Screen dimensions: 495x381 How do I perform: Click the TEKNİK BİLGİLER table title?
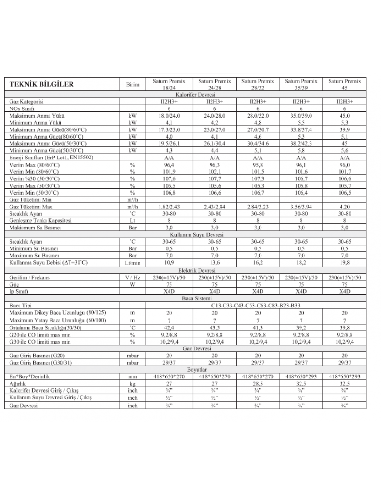point(42,85)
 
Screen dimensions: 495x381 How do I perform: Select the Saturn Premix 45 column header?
point(345,85)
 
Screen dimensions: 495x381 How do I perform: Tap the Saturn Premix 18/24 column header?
point(169,85)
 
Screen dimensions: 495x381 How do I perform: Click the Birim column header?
point(132,85)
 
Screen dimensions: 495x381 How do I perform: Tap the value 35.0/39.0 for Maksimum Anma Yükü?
point(301,116)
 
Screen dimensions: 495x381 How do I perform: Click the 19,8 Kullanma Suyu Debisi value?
point(345,262)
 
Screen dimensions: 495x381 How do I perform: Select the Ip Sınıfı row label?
point(19,291)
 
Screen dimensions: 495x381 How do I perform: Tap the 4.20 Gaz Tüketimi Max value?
point(345,207)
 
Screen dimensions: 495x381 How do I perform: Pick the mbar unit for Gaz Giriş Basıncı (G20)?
point(132,355)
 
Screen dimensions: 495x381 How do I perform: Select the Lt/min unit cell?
point(132,262)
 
